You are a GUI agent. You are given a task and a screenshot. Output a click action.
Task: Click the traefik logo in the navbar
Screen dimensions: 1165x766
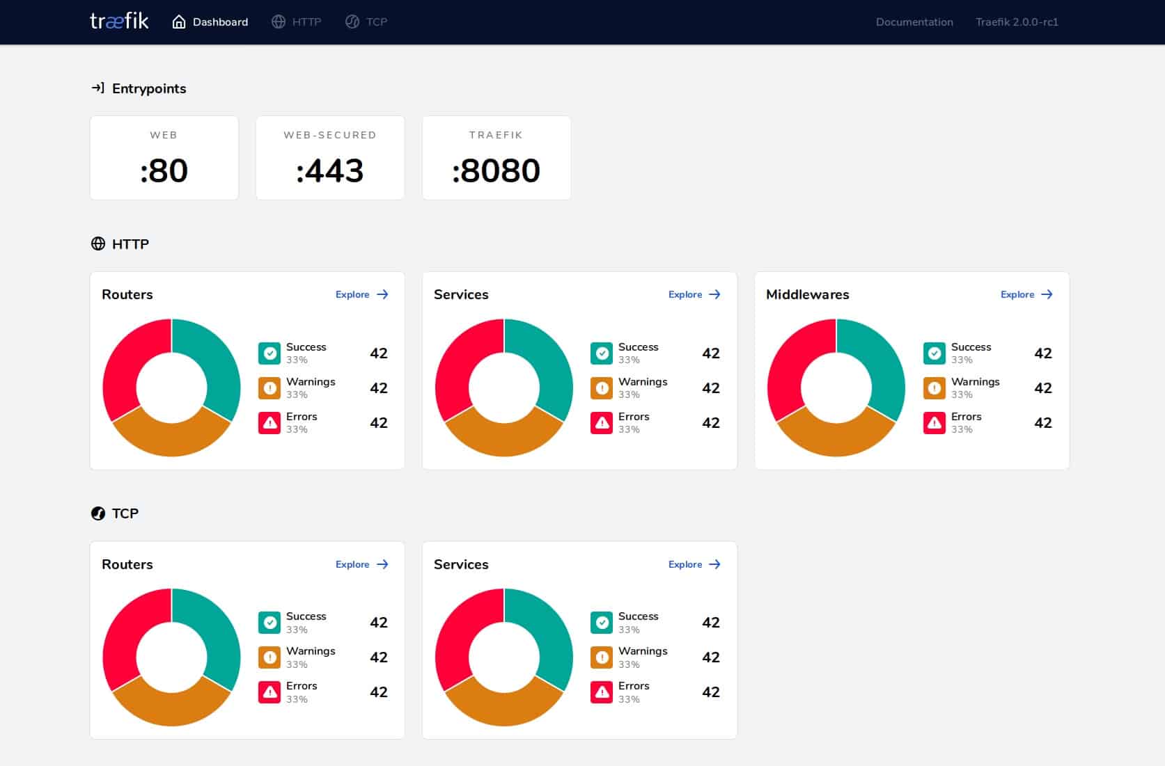119,22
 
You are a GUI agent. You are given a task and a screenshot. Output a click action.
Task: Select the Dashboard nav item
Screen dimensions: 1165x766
210,22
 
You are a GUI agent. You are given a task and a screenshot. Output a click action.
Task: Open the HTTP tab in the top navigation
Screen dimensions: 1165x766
297,22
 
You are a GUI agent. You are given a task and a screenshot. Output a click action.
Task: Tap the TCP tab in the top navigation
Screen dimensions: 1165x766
366,22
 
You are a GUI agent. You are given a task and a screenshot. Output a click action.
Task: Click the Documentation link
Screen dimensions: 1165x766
914,22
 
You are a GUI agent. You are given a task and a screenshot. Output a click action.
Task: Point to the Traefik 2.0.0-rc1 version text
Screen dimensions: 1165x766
1017,22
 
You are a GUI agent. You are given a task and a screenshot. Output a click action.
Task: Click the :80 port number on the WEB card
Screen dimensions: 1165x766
164,170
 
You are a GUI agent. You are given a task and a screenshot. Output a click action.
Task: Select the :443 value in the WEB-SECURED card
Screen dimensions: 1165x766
330,170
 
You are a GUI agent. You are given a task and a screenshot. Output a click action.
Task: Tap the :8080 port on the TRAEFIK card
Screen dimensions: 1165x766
497,170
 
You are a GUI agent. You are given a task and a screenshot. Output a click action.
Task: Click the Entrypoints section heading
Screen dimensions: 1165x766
149,88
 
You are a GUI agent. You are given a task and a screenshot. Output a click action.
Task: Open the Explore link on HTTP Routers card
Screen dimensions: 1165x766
362,295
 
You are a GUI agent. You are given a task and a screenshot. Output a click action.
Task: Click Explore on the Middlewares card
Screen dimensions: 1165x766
1027,295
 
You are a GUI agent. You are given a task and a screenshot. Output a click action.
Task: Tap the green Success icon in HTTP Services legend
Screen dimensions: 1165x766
602,353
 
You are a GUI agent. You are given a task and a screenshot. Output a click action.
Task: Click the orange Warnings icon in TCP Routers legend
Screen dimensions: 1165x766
269,657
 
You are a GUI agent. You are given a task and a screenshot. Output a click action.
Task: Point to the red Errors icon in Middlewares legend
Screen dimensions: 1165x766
935,423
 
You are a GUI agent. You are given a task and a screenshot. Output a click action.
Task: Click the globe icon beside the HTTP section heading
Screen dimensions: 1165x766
97,244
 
